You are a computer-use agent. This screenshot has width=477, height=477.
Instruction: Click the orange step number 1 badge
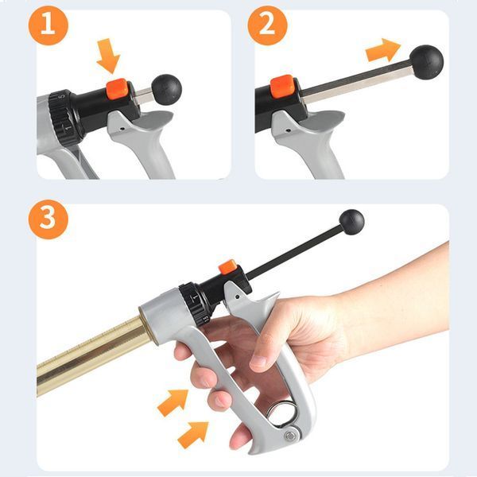point(48,25)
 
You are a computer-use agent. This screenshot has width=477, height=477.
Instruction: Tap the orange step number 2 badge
point(267,25)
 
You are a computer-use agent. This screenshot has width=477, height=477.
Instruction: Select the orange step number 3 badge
point(48,219)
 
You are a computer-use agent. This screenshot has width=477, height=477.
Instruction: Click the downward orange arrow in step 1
point(108,56)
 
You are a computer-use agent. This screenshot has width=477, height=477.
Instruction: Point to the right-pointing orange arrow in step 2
point(383,51)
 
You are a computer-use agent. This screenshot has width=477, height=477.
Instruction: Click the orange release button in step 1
point(117,88)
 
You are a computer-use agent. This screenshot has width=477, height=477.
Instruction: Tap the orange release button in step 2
point(282,87)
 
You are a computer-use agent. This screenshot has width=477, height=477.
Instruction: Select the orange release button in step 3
point(228,267)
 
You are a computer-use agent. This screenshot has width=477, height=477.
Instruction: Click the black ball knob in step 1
point(166,90)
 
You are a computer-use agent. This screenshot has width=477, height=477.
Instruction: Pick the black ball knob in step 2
point(426,62)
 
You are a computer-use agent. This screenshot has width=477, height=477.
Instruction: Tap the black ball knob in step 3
point(351,222)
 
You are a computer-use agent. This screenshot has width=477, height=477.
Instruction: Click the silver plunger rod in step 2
point(356,82)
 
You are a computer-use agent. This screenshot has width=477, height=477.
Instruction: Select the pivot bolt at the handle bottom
point(291,436)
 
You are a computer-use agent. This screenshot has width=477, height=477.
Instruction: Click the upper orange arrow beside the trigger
point(173,402)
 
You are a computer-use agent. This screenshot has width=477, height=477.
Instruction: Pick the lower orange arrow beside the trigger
point(193,434)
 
